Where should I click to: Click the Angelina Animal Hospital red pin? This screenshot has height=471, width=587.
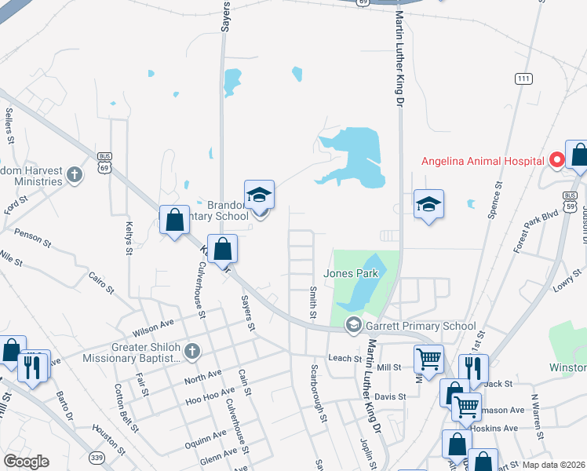557,161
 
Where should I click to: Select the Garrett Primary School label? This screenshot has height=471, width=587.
421,326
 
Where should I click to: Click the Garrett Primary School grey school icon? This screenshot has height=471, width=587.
354,325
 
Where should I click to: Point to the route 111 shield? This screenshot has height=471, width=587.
523,78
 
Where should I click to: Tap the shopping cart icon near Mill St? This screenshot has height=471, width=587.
428,360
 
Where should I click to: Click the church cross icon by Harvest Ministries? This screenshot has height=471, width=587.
75,174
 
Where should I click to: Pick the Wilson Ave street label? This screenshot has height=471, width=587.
154,323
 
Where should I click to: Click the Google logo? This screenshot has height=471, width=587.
26,462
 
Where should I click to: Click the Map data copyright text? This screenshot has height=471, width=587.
552,465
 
